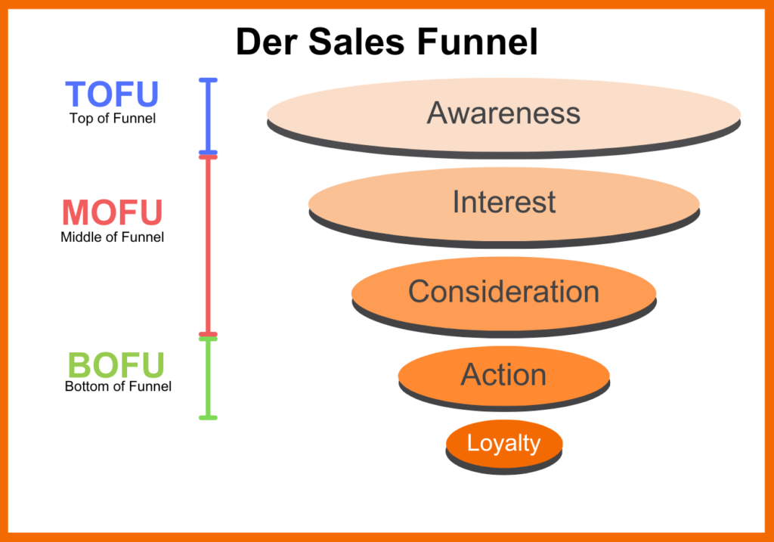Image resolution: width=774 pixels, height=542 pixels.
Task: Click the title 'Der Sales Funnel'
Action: point(386,42)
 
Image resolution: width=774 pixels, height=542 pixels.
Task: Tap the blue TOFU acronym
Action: point(112,94)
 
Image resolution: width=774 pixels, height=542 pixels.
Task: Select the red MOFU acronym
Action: point(112,212)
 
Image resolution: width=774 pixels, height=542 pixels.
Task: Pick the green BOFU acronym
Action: point(116,366)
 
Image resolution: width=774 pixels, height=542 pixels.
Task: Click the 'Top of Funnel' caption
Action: point(113,118)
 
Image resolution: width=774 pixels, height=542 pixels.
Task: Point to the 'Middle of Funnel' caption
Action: point(112,237)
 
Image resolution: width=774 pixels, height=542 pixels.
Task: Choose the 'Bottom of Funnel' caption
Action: point(118,386)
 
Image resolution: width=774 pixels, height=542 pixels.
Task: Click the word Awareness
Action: point(503,113)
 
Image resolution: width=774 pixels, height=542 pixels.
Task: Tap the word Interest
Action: point(503,202)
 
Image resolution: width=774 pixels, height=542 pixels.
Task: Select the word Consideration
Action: point(503,291)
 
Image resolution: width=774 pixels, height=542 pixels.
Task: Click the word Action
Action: point(503,374)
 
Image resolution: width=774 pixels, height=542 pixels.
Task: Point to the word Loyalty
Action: point(503,443)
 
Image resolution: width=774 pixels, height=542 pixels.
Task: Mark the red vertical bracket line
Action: point(208,244)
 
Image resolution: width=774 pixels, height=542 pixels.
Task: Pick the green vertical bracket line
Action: point(208,377)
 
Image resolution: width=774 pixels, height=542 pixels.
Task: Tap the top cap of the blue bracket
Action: point(208,79)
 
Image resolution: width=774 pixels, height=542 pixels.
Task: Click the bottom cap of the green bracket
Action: point(208,417)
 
